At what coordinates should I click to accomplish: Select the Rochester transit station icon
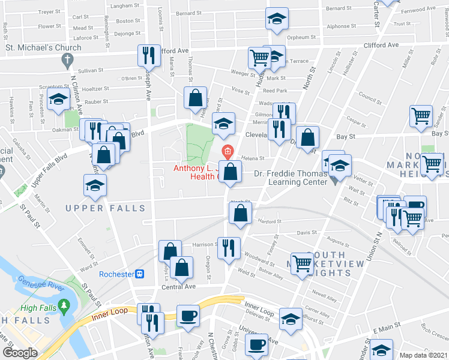[140, 274]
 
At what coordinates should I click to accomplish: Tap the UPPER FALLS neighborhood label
[105, 208]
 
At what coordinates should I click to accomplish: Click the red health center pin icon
[228, 150]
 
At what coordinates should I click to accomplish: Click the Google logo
[20, 353]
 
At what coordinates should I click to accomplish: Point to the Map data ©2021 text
[423, 355]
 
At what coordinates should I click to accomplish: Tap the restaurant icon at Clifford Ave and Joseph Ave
[148, 56]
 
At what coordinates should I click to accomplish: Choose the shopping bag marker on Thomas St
[196, 98]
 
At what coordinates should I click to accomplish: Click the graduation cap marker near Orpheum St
[277, 19]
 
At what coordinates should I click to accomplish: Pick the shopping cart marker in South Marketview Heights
[303, 262]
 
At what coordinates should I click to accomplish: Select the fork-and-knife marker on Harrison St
[228, 247]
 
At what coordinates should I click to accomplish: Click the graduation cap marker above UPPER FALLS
[95, 185]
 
